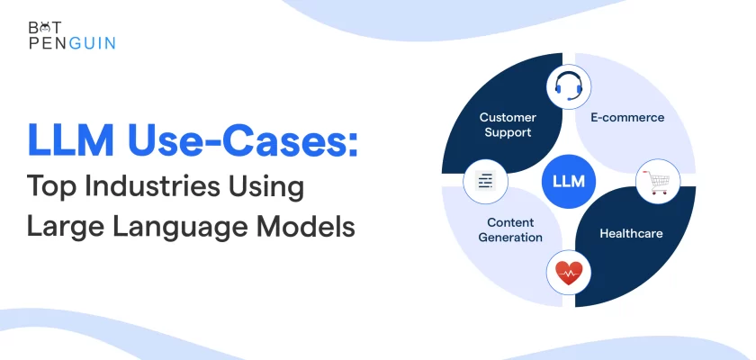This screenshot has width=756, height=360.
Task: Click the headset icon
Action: (x=569, y=85)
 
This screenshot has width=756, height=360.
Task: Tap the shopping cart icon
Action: (x=659, y=182)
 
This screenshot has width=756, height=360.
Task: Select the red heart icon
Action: (x=569, y=273)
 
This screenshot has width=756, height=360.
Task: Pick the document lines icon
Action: (x=485, y=181)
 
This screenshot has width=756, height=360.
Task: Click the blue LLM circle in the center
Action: (x=569, y=181)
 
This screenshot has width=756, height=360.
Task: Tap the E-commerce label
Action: (x=627, y=117)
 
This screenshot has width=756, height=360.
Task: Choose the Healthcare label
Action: (x=631, y=233)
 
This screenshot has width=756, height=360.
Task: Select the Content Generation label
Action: (x=510, y=229)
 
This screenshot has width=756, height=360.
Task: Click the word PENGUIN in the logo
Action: (x=72, y=43)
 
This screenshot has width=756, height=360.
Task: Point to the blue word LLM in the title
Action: (x=71, y=139)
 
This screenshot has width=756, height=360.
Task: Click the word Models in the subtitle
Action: (x=306, y=227)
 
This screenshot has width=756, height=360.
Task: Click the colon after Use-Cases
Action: (x=353, y=144)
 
